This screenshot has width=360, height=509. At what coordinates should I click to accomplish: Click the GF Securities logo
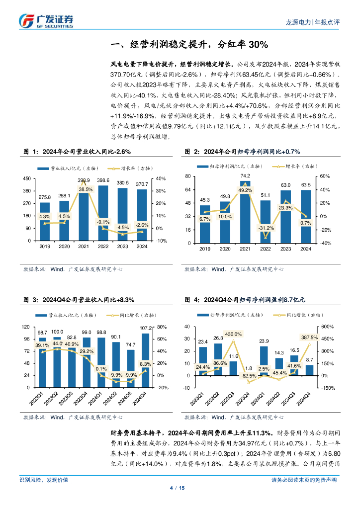(46, 21)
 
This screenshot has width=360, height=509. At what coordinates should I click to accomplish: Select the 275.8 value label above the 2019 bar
(45, 197)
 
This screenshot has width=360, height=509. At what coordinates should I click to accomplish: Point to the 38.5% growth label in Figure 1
(86, 189)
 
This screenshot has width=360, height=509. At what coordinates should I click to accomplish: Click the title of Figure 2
(246, 152)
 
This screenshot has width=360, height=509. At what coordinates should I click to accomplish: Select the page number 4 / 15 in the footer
(180, 488)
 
